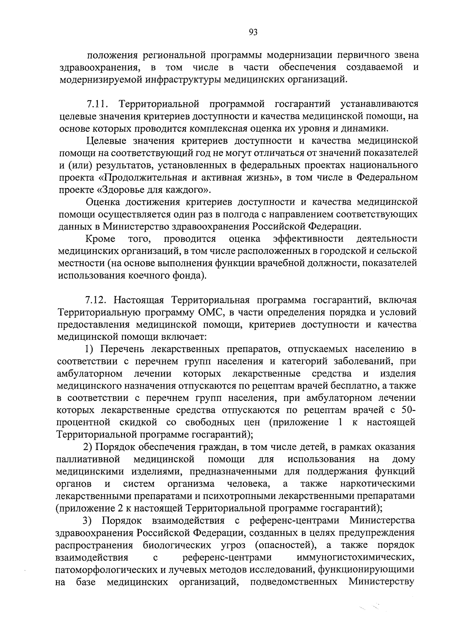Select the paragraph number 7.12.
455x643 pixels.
pos(96,301)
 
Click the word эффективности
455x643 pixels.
pos(308,239)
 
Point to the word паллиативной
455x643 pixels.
pos(88,460)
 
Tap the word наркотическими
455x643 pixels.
pos(377,484)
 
